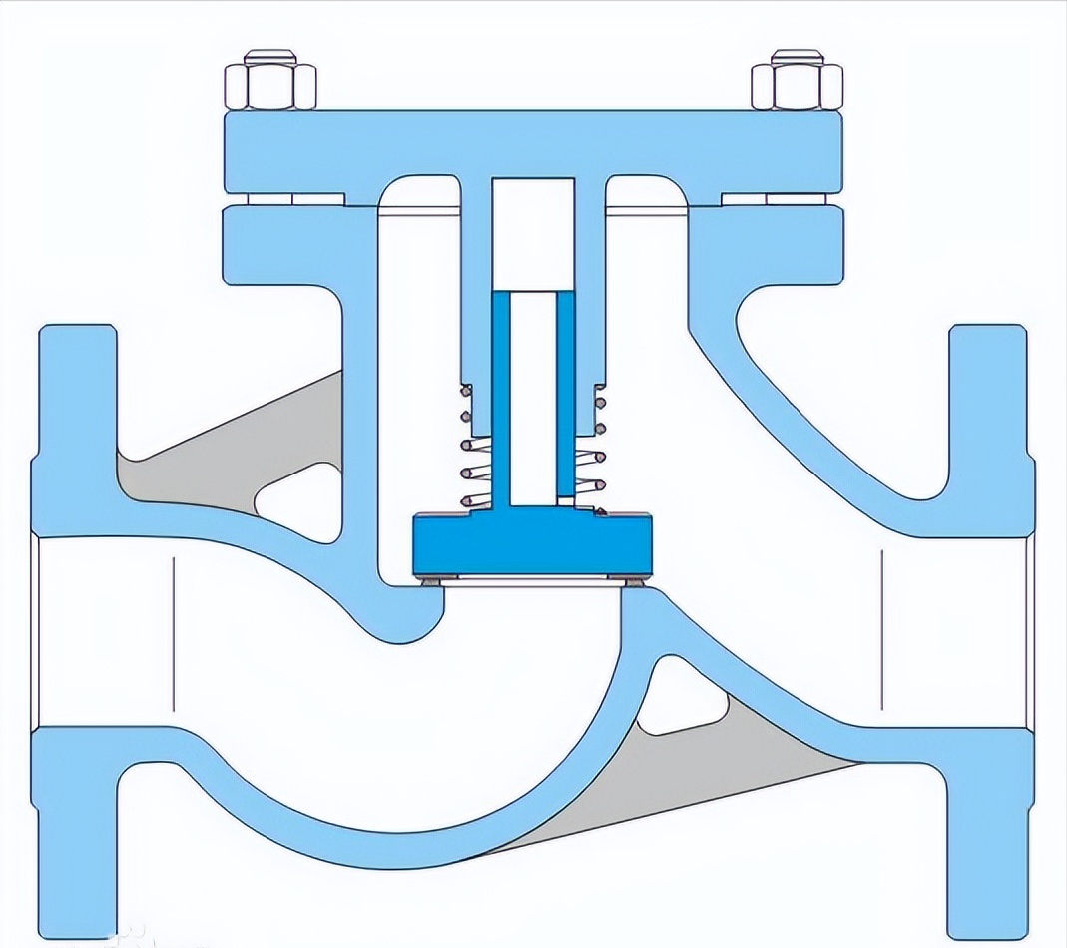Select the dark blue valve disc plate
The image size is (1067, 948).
pos(532,543)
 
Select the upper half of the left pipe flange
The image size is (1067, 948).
pos(75,420)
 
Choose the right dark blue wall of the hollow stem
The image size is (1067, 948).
pos(566,400)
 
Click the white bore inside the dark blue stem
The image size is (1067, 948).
pos(533,400)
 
